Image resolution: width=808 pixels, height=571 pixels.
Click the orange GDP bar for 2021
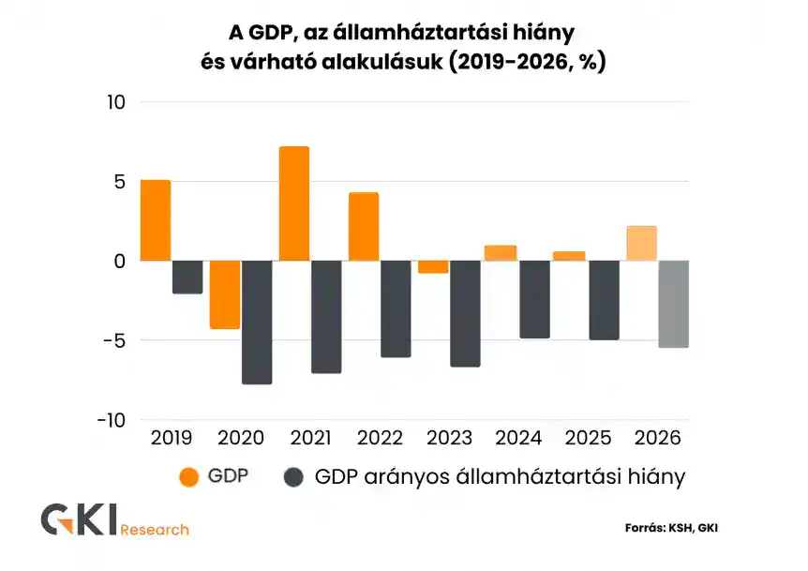pyautogui.click(x=294, y=203)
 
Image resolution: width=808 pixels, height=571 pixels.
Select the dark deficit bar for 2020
pyautogui.click(x=256, y=322)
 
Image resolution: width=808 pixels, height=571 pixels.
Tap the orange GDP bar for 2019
pyautogui.click(x=156, y=220)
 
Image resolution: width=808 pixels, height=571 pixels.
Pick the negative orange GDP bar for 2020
pyautogui.click(x=224, y=294)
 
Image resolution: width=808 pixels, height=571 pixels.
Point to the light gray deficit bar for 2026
pyautogui.click(x=673, y=304)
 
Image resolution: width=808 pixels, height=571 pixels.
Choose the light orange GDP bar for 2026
pyautogui.click(x=641, y=243)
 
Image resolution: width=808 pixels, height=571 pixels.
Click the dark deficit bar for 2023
pyautogui.click(x=464, y=313)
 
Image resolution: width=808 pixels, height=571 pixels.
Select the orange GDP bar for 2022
pyautogui.click(x=364, y=227)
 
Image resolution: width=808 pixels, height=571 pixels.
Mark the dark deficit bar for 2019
pyautogui.click(x=187, y=277)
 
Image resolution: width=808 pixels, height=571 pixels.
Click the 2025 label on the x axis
pyautogui.click(x=589, y=438)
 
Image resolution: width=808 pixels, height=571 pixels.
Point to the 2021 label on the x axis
pyautogui.click(x=310, y=438)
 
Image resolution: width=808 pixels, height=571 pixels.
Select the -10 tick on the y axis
pyautogui.click(x=111, y=420)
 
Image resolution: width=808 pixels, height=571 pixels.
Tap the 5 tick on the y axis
pyautogui.click(x=119, y=181)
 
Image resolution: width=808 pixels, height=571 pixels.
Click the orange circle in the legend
pyautogui.click(x=189, y=477)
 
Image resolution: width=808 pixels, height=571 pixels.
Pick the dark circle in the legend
pyautogui.click(x=293, y=477)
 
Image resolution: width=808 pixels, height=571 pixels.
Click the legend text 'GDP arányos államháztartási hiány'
pyautogui.click(x=500, y=477)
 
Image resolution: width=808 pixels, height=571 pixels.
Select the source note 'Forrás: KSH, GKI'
pyautogui.click(x=671, y=528)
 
